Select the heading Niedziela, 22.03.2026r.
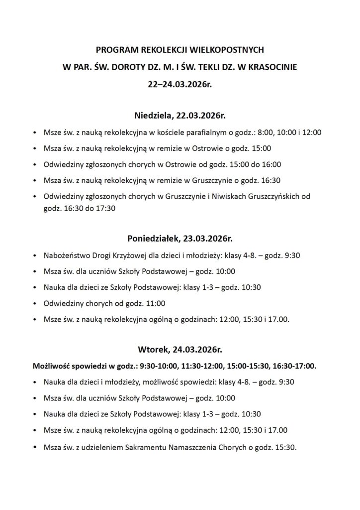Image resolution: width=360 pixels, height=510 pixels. [x=180, y=116]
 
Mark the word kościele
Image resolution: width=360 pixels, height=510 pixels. [x=169, y=133]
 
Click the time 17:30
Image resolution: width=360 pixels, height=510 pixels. [x=105, y=209]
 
